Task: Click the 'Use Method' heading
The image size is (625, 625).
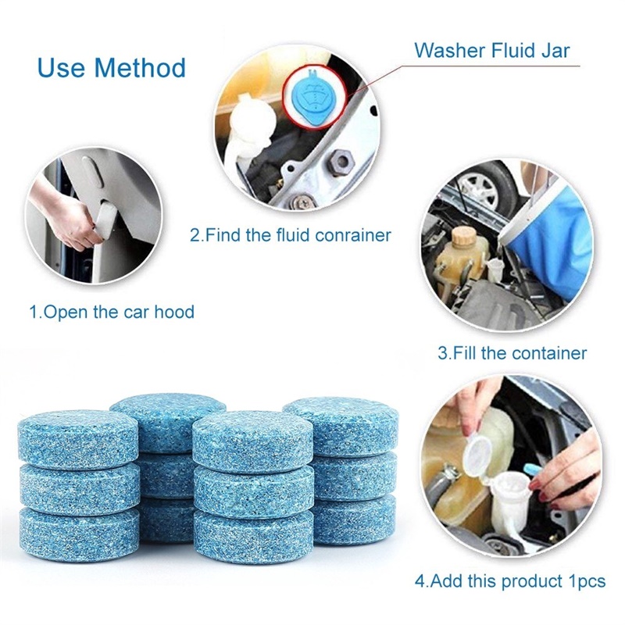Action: tap(112, 67)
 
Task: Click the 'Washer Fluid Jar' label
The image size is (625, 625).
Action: tap(491, 52)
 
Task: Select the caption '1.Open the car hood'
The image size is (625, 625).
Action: tap(112, 312)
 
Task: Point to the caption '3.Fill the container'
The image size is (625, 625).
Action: tap(512, 352)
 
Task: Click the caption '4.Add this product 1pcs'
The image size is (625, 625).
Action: tap(510, 581)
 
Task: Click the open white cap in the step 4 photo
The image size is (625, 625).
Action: tap(477, 456)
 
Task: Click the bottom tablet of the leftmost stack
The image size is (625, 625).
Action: tap(78, 535)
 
